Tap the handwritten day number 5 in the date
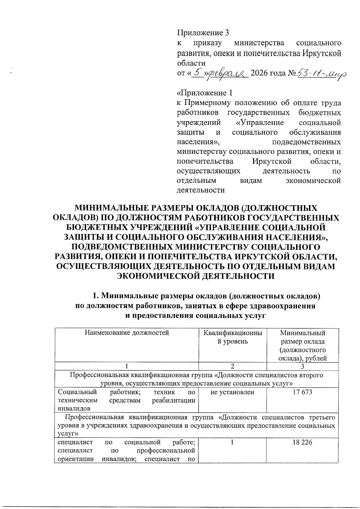196,72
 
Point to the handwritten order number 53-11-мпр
321,73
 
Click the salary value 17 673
302,392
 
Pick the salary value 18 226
302,442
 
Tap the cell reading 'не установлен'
232,392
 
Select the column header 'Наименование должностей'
127,333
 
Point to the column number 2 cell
232,366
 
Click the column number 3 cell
302,366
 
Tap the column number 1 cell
127,366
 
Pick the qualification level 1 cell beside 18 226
232,442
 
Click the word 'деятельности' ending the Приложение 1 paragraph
201,190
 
